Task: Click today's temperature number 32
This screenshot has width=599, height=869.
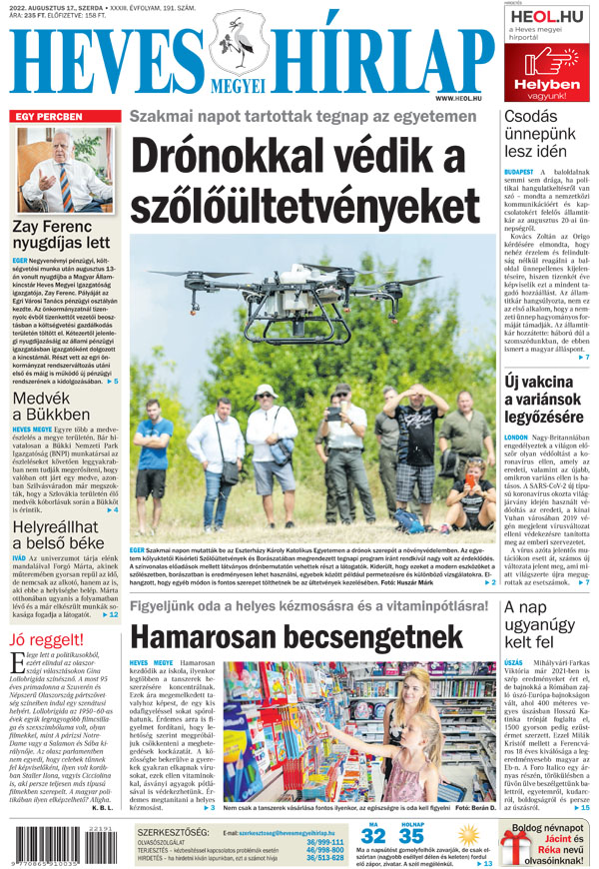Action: tap(372, 835)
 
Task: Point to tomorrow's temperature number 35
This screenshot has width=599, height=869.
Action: tap(411, 835)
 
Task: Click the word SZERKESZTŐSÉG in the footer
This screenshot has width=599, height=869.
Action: tap(173, 831)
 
